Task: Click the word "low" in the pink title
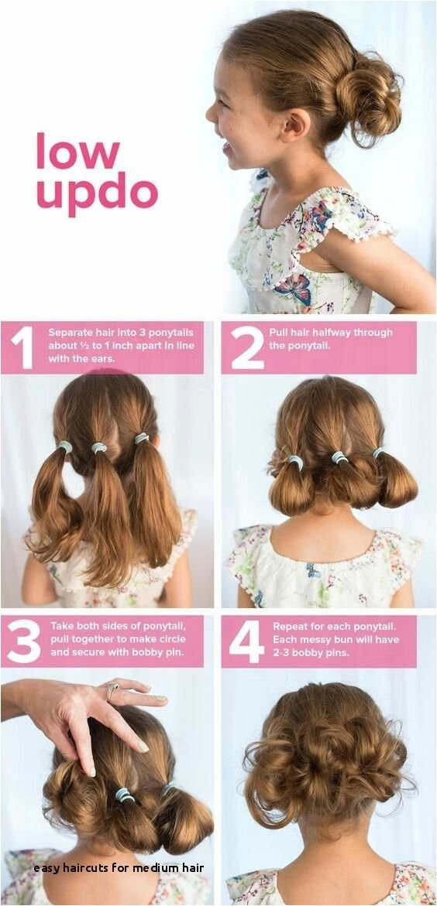point(77,151)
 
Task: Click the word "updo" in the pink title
point(97,194)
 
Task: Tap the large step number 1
point(22,348)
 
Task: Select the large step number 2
point(247,348)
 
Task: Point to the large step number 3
point(24,641)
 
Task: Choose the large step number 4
point(246,641)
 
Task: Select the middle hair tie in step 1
point(99,447)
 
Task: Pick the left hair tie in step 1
point(65,446)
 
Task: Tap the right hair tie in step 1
point(142,439)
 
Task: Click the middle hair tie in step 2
point(340,457)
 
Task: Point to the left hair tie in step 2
point(296,462)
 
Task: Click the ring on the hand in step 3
point(112,689)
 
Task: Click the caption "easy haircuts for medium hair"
point(119,868)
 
